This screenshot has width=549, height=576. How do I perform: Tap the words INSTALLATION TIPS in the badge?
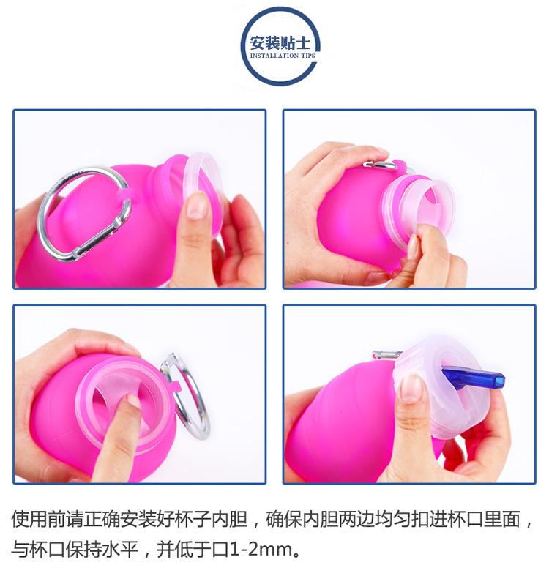click(x=274, y=55)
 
